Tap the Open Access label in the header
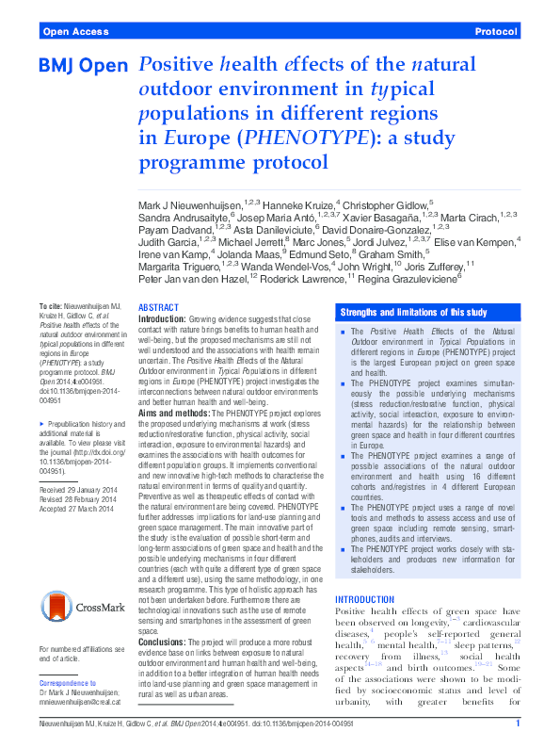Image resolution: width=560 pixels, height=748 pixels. pos(74,31)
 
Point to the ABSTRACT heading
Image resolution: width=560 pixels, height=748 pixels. pos(157,308)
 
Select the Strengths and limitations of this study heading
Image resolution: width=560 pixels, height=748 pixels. pos(413,312)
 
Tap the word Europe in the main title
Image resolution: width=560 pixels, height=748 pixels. pos(196,137)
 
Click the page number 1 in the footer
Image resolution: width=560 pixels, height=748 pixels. pos(518,724)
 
